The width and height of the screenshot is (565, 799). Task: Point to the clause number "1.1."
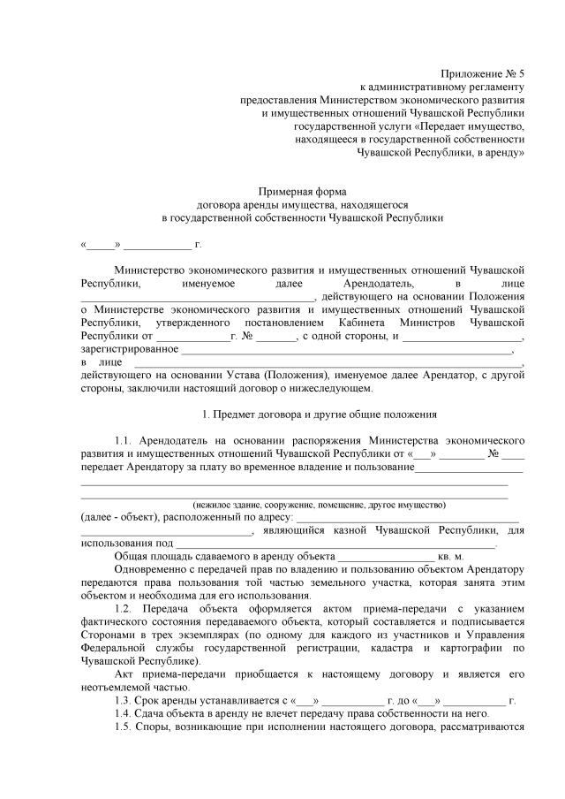(127, 439)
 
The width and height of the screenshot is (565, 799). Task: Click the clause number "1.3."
(127, 701)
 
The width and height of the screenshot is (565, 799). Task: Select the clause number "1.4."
(127, 714)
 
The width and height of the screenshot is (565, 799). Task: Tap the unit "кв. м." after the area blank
(457, 557)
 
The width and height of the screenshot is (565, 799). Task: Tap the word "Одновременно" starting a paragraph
(148, 570)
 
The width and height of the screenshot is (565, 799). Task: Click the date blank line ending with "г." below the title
(141, 243)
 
